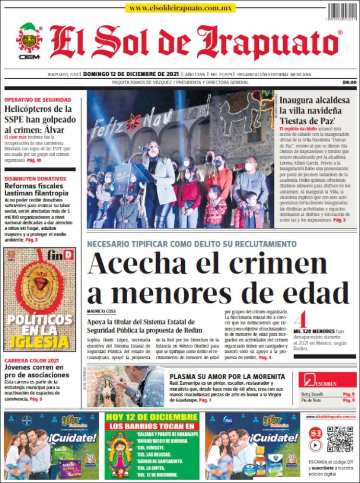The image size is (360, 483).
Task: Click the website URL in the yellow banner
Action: pos(180,8)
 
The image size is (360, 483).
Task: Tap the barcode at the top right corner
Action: pos(342,11)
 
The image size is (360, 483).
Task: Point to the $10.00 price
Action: pos(349,82)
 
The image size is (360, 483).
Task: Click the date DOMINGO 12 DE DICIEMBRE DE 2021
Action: pos(131,74)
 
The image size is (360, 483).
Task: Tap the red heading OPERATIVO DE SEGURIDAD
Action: pos(37,100)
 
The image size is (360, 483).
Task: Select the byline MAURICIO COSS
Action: pos(102,311)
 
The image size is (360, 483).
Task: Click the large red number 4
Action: pos(300,319)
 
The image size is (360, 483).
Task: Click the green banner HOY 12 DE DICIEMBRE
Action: pos(152,417)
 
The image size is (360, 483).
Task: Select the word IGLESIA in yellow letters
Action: pos(40,342)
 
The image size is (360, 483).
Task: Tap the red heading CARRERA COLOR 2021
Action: pos(32,361)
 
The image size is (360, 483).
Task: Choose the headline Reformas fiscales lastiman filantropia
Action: pos(36,189)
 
